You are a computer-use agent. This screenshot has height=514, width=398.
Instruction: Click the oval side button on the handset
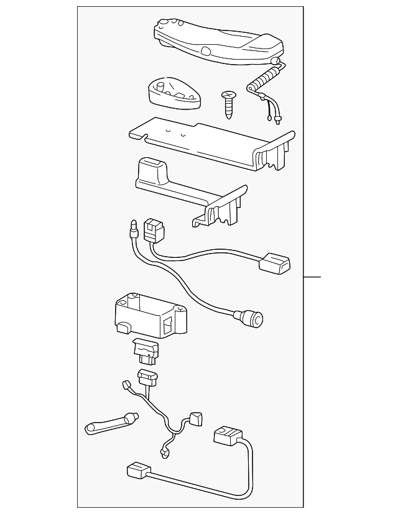click(x=206, y=50)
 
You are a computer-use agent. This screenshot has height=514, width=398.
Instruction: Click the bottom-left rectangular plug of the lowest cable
click(x=137, y=472)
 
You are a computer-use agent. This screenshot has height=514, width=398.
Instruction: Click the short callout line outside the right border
click(x=313, y=276)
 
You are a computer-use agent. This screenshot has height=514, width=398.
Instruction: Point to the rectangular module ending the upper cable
click(x=275, y=262)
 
